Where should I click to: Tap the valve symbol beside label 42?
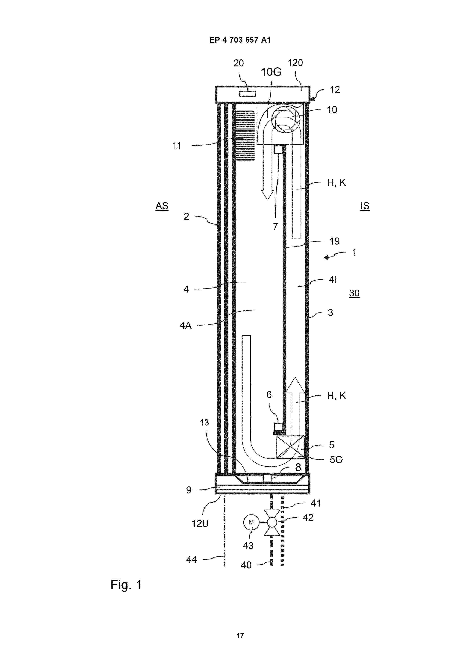272,522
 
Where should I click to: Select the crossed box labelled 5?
291,447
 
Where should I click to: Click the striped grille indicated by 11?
245,135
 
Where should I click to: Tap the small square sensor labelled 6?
278,427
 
